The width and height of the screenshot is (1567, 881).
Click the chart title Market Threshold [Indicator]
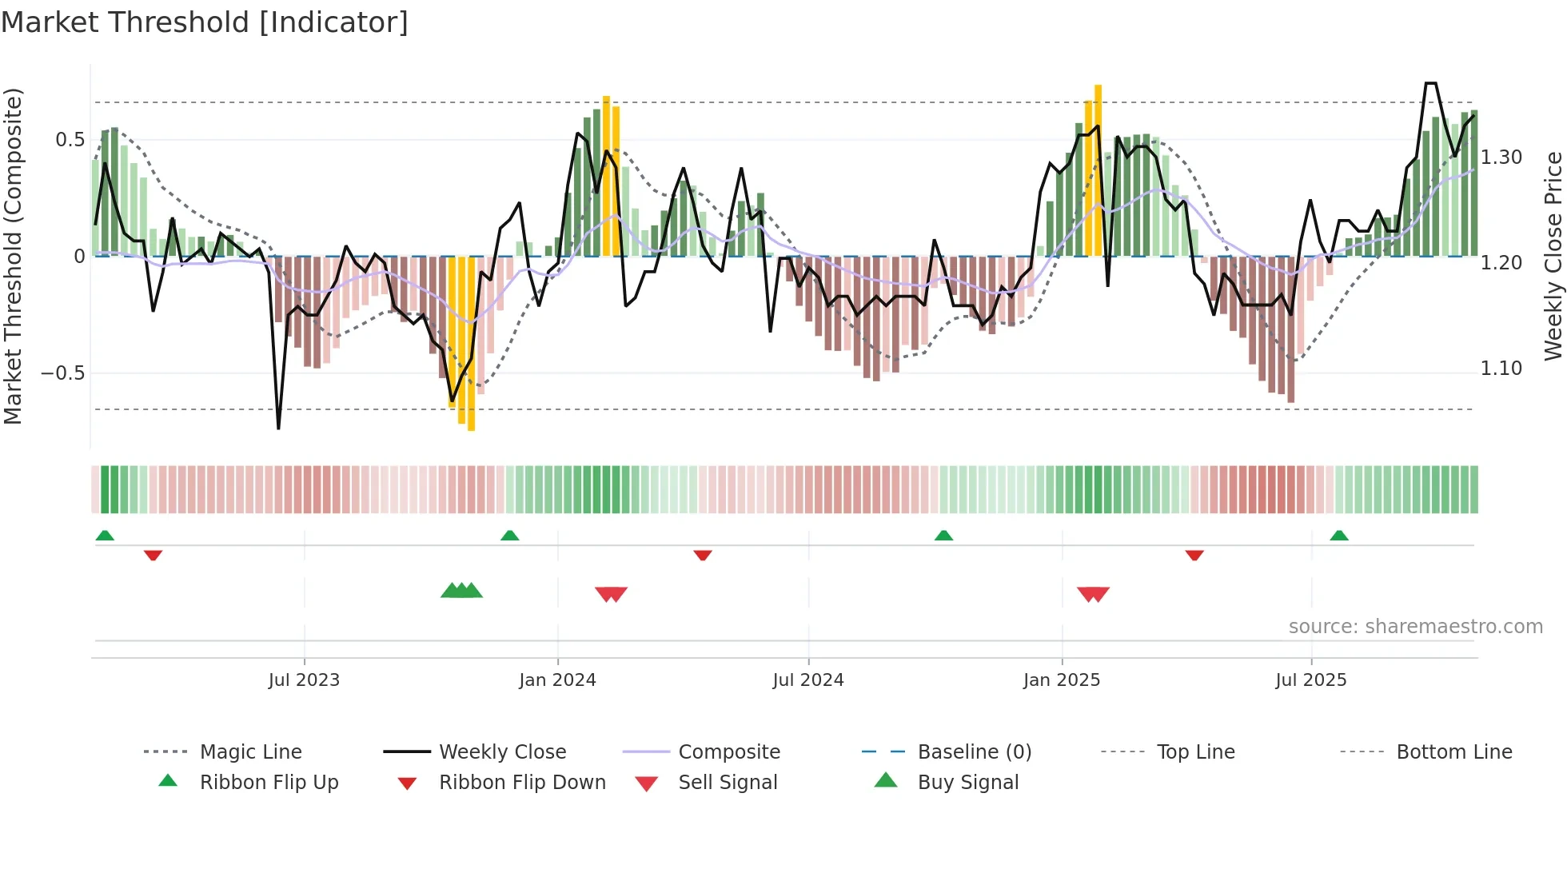click(205, 22)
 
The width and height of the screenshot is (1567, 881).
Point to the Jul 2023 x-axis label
click(304, 680)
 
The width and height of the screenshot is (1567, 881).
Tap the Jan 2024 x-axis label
click(557, 680)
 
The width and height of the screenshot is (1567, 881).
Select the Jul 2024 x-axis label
click(808, 680)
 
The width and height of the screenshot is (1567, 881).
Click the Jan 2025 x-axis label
click(1062, 680)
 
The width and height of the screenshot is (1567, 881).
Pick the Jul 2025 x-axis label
click(1311, 680)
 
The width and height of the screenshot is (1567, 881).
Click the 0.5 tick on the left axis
click(70, 140)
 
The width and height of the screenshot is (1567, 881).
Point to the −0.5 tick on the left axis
click(63, 373)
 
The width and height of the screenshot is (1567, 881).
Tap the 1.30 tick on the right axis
click(1501, 157)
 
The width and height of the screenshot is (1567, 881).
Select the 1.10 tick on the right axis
click(1501, 369)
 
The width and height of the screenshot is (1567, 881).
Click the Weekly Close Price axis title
click(1553, 256)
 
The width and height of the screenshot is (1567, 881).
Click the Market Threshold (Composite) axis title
click(13, 256)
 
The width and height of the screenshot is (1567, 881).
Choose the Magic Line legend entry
click(250, 752)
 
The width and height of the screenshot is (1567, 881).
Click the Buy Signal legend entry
click(967, 783)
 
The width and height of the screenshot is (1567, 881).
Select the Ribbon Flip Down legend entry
click(521, 783)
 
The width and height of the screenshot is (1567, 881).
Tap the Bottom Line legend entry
click(1453, 752)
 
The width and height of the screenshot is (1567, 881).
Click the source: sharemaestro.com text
click(1415, 627)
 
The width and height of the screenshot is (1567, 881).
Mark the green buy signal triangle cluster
click(461, 591)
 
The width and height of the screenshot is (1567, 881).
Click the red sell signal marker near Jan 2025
click(1093, 594)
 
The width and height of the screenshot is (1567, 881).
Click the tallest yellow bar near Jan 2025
click(1098, 169)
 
